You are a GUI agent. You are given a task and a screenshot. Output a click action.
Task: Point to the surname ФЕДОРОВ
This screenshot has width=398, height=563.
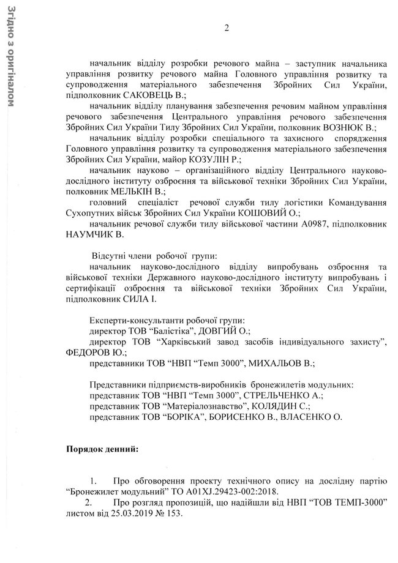tap(89, 352)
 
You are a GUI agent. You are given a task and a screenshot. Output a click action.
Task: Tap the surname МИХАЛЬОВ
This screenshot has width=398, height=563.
tap(281, 364)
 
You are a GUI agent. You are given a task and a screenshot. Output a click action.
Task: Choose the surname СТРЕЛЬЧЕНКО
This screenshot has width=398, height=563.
tap(283, 396)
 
